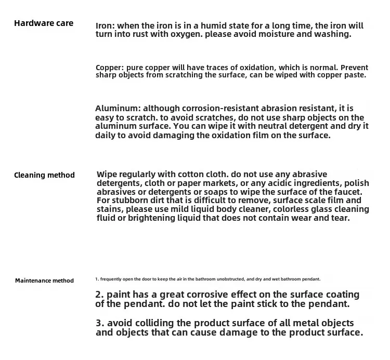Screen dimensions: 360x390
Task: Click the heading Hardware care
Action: click(x=44, y=23)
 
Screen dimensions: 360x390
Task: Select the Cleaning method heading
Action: click(x=44, y=175)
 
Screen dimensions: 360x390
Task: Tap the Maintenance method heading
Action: click(x=44, y=281)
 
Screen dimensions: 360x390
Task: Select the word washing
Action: click(x=334, y=34)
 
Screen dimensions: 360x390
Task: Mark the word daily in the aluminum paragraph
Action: click(x=106, y=135)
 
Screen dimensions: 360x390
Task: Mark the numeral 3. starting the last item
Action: click(x=99, y=323)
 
